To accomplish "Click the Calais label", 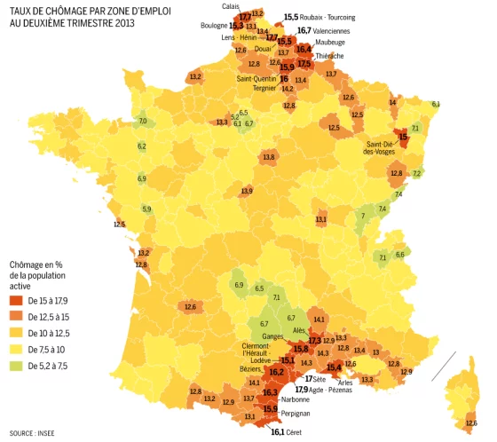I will (230, 7).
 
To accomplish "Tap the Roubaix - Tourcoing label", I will (327, 18).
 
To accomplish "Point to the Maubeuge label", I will (330, 43).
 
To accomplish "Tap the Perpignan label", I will (296, 414).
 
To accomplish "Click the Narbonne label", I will (295, 399).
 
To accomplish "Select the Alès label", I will (299, 330).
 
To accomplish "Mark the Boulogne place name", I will (214, 26).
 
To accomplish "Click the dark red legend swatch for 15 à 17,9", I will (17, 301).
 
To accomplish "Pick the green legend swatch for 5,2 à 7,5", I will (17, 365).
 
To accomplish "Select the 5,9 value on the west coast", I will (146, 209).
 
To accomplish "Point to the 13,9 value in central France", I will (247, 191).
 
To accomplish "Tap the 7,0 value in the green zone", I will (143, 121).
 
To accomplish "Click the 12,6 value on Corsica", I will (471, 423).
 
